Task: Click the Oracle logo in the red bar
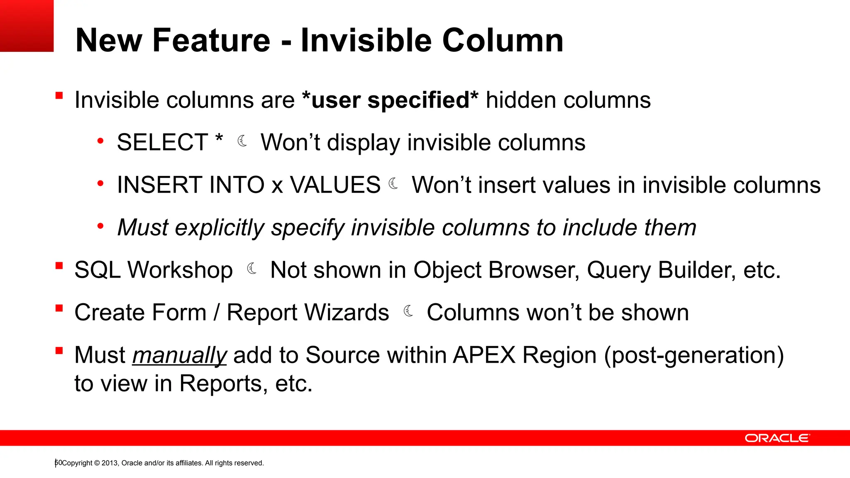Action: pyautogui.click(x=777, y=438)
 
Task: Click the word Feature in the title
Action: pyautogui.click(x=211, y=40)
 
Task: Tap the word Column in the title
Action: pyautogui.click(x=503, y=40)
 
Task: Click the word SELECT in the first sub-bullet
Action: pyautogui.click(x=162, y=142)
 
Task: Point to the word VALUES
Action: pyautogui.click(x=335, y=185)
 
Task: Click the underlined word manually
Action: pyautogui.click(x=179, y=356)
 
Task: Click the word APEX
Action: pyautogui.click(x=484, y=355)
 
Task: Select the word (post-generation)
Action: pyautogui.click(x=694, y=356)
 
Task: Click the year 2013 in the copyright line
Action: pyautogui.click(x=110, y=463)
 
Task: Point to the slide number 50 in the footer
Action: pyautogui.click(x=58, y=463)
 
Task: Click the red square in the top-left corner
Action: pyautogui.click(x=27, y=26)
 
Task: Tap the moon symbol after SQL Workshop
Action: pyautogui.click(x=252, y=269)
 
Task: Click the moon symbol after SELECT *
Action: pyautogui.click(x=242, y=141)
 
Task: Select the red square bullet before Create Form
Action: pyautogui.click(x=59, y=308)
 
